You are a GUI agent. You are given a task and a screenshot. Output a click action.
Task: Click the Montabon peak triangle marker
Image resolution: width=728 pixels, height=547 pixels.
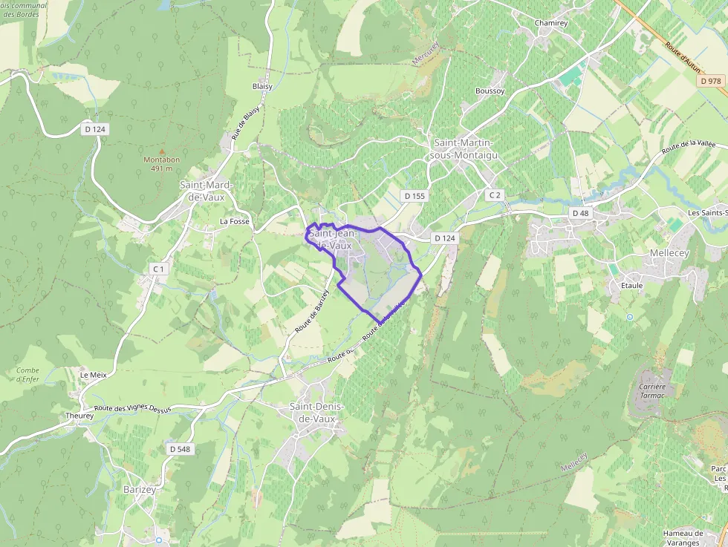click(x=162, y=151)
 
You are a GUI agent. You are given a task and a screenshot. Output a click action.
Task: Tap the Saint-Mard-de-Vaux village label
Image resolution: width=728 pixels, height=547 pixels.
click(x=206, y=191)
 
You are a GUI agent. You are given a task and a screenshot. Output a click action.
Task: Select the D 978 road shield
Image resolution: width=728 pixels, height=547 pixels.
click(x=711, y=81)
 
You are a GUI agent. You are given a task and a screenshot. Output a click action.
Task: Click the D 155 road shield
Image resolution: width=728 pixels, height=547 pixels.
click(x=415, y=196)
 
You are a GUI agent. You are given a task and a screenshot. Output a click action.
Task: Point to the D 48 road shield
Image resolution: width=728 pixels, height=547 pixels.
click(x=580, y=213)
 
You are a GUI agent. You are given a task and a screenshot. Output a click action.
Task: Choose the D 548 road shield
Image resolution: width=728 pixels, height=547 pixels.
click(x=180, y=449)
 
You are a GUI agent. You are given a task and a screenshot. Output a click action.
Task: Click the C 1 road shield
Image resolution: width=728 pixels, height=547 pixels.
click(x=157, y=269)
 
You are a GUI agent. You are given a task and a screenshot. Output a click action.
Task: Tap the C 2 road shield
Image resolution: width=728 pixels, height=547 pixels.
click(x=495, y=195)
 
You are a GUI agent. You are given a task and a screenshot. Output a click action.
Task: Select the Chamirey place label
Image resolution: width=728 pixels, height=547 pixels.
click(x=551, y=24)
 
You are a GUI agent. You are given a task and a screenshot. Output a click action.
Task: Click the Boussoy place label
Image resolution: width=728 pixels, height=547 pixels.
click(x=490, y=91)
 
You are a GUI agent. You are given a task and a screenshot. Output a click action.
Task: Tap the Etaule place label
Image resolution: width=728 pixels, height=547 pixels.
click(x=631, y=285)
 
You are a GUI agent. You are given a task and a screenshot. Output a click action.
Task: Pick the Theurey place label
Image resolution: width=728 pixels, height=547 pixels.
click(x=79, y=416)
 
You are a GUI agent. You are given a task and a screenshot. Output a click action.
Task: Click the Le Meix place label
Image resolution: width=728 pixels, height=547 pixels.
click(x=94, y=375)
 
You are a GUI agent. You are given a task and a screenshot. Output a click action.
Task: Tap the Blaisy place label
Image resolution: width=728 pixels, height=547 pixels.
click(x=262, y=86)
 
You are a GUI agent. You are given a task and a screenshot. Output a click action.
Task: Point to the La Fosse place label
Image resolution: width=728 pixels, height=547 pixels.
click(x=235, y=222)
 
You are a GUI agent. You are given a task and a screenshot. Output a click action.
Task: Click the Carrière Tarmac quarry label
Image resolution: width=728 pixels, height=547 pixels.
click(x=652, y=390)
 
